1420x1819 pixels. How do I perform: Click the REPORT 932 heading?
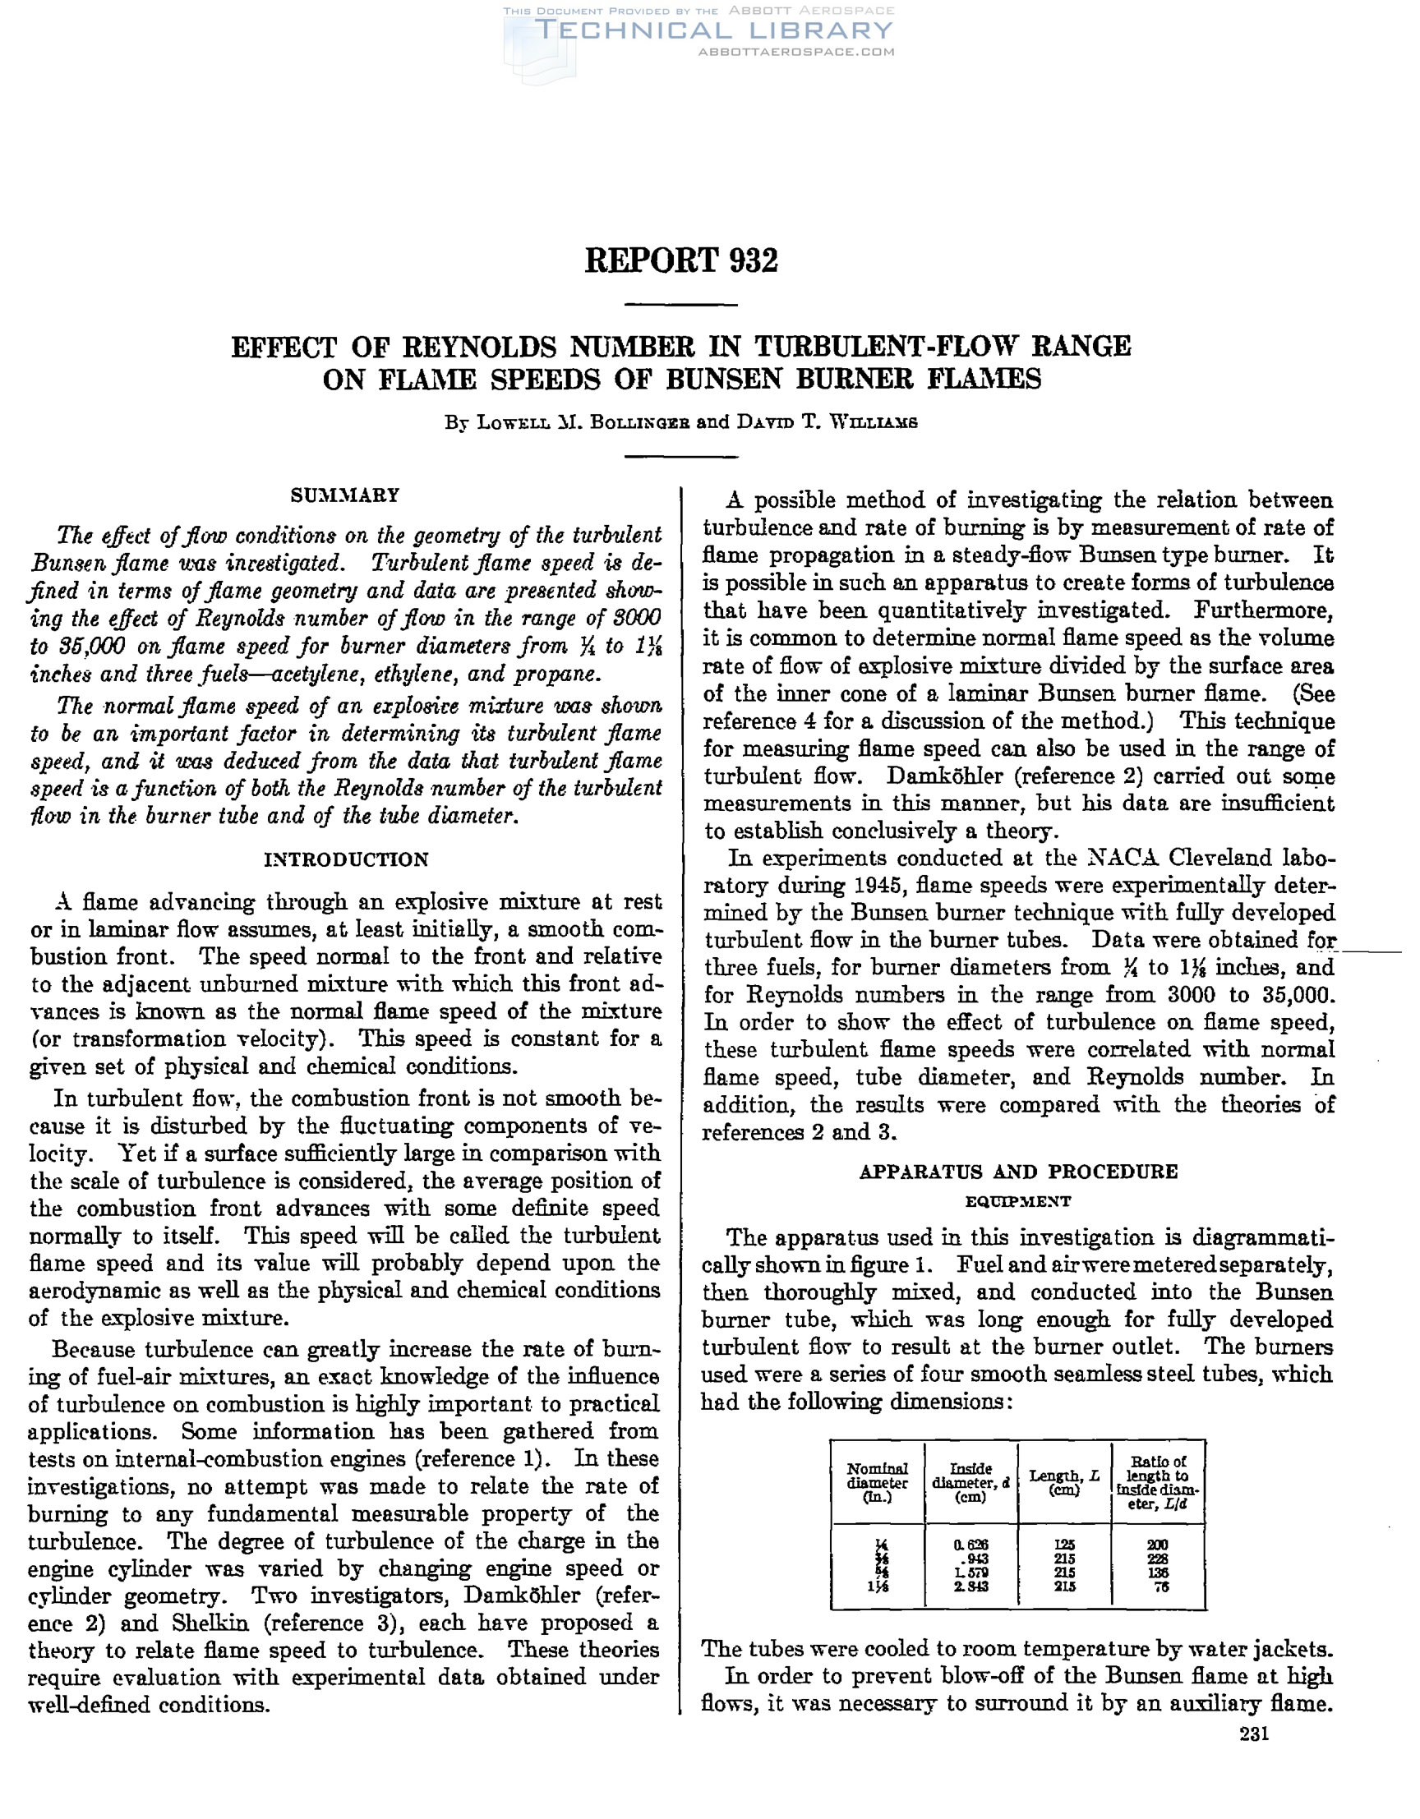pos(680,260)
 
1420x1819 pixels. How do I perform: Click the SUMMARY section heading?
pos(345,495)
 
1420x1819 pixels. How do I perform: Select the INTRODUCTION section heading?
pos(346,859)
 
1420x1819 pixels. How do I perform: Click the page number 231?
pos(1253,1734)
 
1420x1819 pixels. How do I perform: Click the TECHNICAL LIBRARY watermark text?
pos(714,31)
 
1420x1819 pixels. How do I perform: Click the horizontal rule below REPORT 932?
pos(680,306)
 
